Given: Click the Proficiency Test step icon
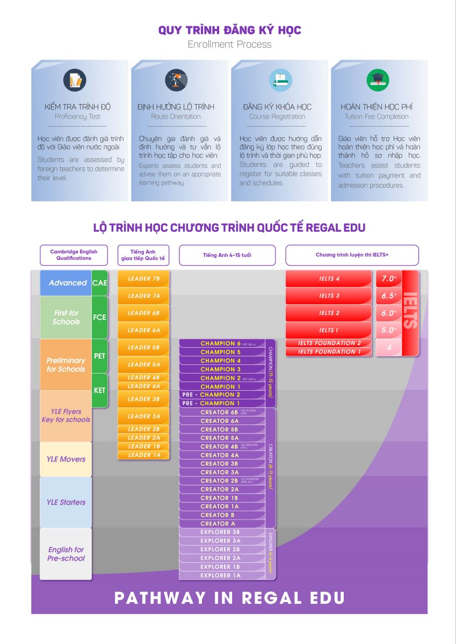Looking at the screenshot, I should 75,80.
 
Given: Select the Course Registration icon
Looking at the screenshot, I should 280,80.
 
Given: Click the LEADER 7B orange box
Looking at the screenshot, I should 143,279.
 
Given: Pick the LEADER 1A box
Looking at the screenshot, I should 143,455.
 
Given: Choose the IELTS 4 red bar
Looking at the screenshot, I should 329,279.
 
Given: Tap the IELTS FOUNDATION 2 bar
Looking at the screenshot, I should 329,343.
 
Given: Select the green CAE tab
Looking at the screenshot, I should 100,283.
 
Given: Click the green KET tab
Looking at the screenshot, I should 100,391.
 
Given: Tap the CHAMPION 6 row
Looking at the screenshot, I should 221,343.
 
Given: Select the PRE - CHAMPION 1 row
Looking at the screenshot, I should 221,403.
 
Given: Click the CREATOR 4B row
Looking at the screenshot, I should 221,447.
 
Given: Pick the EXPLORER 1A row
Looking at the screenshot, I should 221,575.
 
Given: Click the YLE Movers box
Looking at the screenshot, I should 66,459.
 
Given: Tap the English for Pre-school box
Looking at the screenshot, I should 66,554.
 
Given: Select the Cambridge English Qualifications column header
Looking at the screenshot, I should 74,255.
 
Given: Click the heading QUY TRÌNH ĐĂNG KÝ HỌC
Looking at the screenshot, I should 229,30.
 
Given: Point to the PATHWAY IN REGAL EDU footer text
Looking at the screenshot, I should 229,598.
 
